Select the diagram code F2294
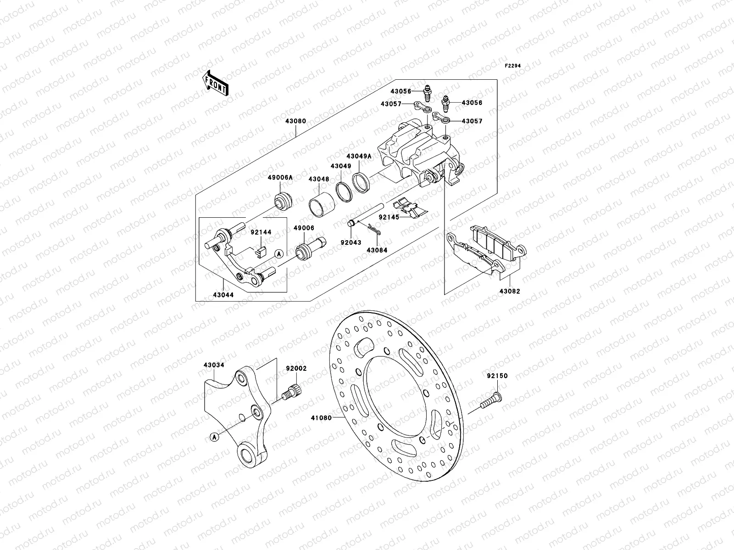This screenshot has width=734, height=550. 513,66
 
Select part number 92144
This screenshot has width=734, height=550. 261,232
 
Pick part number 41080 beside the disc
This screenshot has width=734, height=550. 320,418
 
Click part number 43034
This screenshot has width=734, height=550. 214,365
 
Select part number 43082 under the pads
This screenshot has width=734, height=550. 509,291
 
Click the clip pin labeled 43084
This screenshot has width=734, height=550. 377,250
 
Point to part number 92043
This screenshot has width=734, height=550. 350,242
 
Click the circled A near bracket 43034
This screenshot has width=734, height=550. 214,437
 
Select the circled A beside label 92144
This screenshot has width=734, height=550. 278,253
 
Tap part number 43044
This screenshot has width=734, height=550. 222,295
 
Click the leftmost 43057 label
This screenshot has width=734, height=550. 391,104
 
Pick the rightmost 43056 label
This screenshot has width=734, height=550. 472,103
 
